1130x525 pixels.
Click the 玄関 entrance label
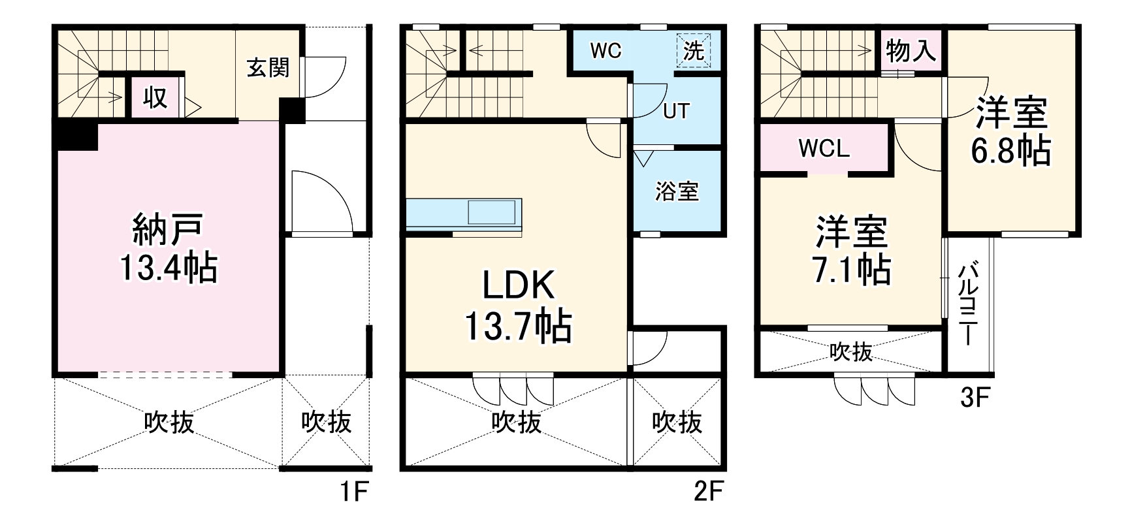(x=268, y=67)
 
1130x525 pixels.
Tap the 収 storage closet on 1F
(x=155, y=98)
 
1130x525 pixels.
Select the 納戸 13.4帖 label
(x=169, y=247)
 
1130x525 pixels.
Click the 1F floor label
(x=354, y=491)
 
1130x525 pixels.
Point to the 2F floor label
(x=709, y=491)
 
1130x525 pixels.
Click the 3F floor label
(x=977, y=398)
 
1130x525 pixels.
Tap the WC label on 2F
(x=605, y=51)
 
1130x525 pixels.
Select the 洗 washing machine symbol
(x=694, y=50)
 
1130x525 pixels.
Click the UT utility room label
(x=676, y=111)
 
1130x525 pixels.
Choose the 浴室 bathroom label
(x=677, y=191)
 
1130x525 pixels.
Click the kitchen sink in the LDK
(x=492, y=213)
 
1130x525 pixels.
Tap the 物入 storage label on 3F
(x=911, y=50)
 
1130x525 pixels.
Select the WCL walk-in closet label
(x=824, y=149)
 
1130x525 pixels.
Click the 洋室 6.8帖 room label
(x=1011, y=131)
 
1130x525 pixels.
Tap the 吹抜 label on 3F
(x=851, y=352)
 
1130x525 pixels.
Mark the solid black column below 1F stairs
(x=77, y=136)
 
